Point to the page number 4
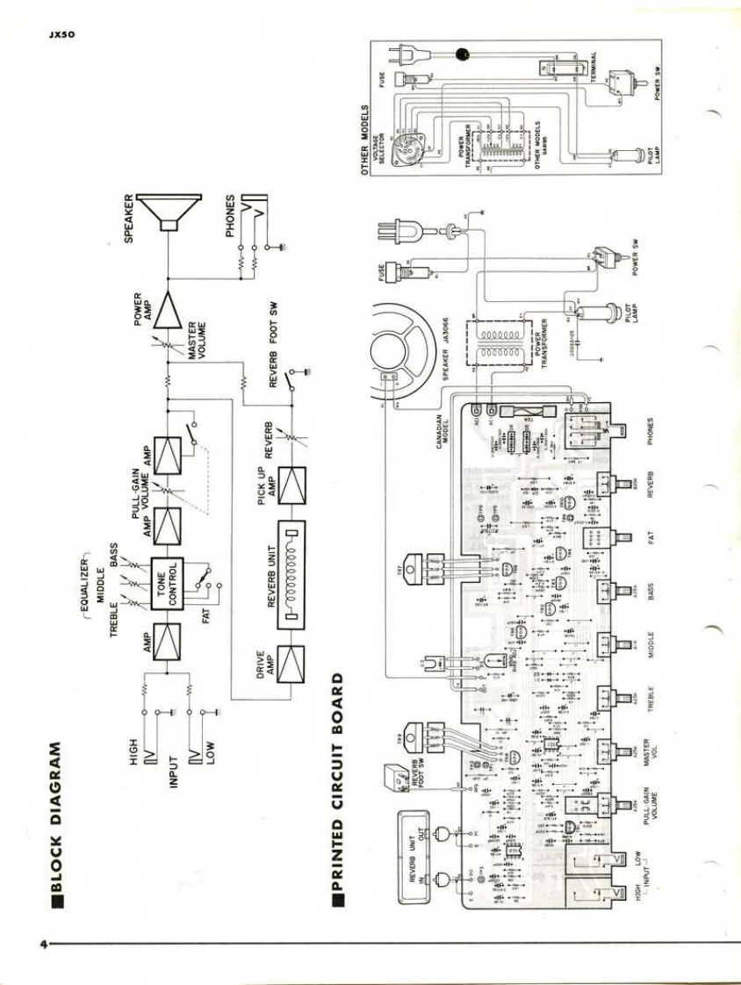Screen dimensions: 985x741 click(41, 945)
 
